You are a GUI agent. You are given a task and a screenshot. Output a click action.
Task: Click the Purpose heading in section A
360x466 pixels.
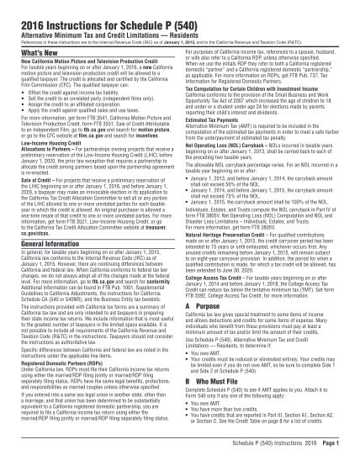215,331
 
